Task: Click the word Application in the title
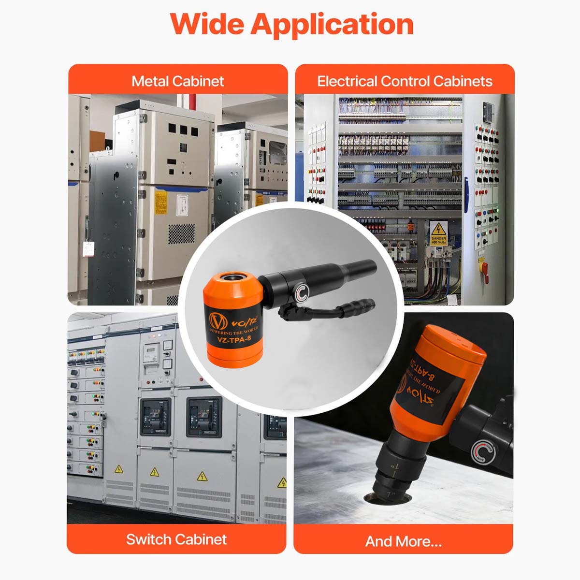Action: (x=332, y=24)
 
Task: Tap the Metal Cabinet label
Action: (x=177, y=81)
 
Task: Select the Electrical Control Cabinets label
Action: (x=405, y=81)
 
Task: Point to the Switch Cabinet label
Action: (x=176, y=539)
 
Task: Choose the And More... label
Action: (x=403, y=541)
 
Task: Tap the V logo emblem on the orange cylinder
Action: (x=218, y=320)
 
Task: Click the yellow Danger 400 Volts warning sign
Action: (x=438, y=232)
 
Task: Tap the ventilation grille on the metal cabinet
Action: (x=181, y=233)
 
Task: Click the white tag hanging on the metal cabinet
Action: (x=88, y=248)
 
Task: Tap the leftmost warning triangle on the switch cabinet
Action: (x=118, y=469)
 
